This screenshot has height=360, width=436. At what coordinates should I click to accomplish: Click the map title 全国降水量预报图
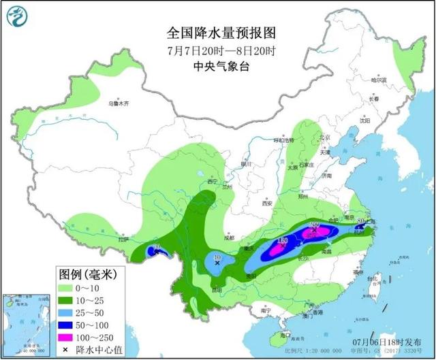point(217,33)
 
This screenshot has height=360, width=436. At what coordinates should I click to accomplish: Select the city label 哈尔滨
point(378,80)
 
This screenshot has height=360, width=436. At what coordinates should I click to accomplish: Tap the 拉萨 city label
point(123,239)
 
